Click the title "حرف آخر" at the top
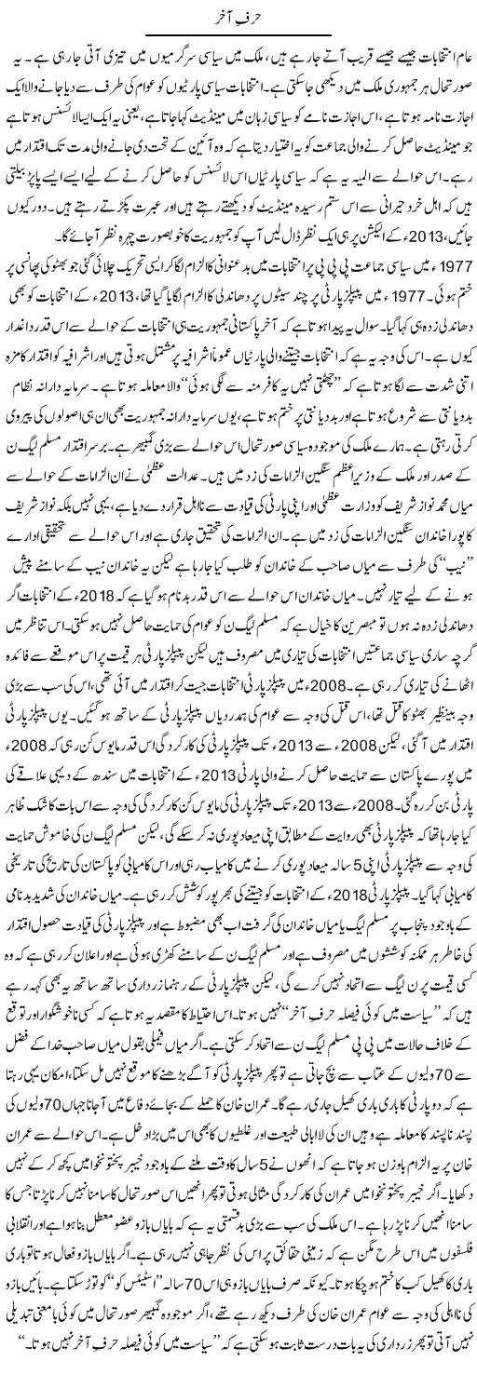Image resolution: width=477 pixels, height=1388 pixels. click(x=238, y=16)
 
